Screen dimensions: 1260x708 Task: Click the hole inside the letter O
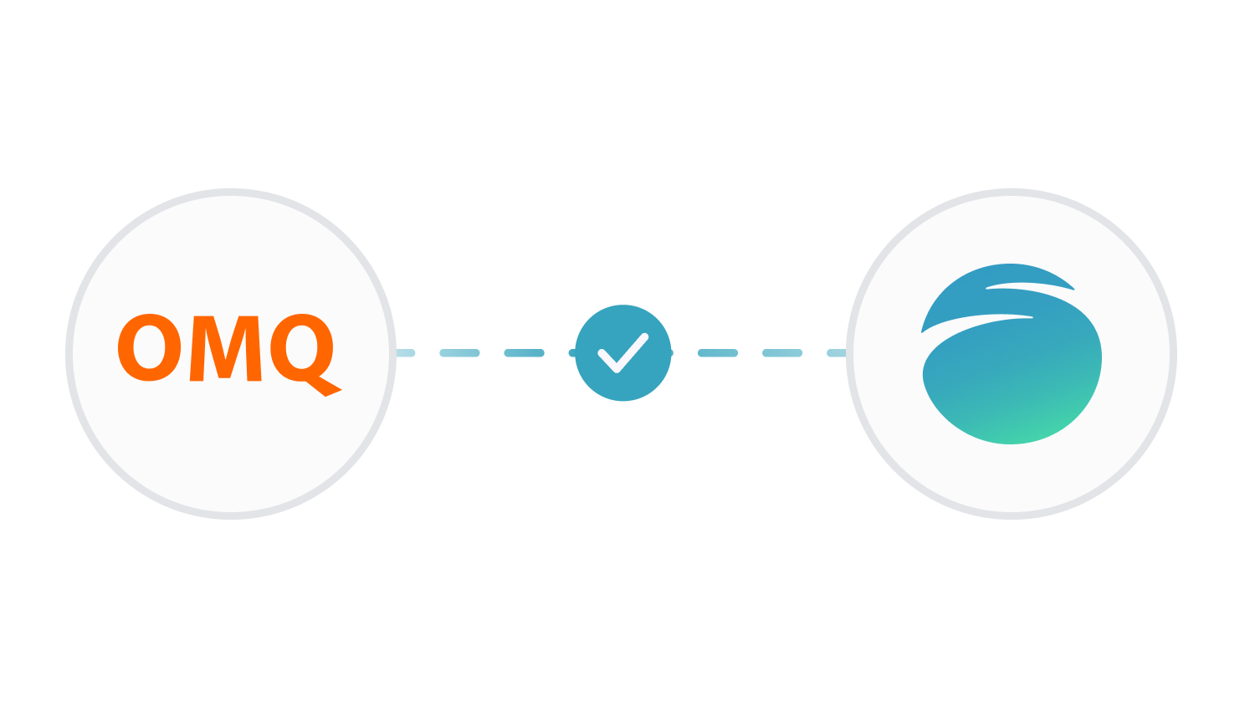pos(149,348)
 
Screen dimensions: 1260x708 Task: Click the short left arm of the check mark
pos(608,361)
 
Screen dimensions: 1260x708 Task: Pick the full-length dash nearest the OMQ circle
pos(459,353)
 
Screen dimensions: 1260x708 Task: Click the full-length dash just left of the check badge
pos(525,353)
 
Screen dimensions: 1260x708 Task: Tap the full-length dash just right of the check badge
pos(718,353)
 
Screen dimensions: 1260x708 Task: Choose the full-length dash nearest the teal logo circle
pos(782,353)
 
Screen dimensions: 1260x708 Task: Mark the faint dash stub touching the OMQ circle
pos(405,353)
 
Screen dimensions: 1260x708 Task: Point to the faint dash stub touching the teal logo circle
pos(837,353)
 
